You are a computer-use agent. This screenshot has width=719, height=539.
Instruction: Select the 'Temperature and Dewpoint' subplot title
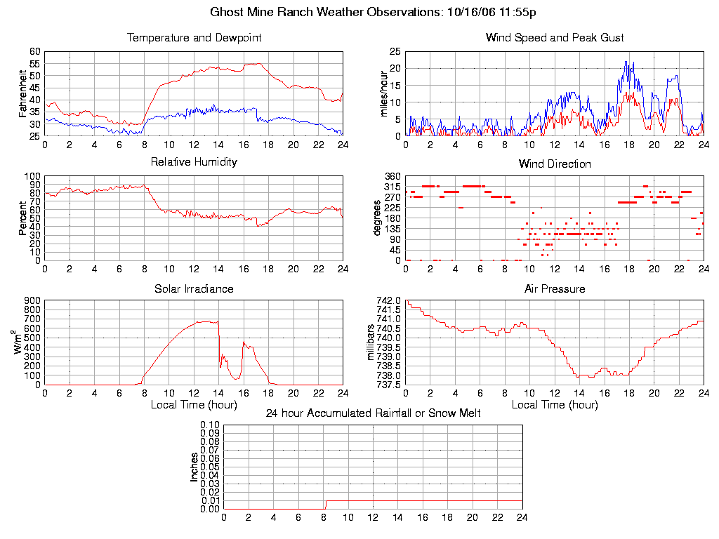click(x=194, y=38)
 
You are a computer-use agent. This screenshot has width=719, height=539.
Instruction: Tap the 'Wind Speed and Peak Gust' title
click(x=555, y=38)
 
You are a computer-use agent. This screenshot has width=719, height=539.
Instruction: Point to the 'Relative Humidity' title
click(x=194, y=162)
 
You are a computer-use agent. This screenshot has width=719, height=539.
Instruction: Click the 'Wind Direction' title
click(x=555, y=164)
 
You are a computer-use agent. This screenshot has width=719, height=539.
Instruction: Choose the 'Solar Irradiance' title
click(x=194, y=288)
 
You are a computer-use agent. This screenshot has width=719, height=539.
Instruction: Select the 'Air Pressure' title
click(x=555, y=288)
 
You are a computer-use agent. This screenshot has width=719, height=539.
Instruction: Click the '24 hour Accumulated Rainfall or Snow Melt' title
click(x=373, y=413)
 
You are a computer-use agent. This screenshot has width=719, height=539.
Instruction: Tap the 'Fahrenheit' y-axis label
click(x=23, y=93)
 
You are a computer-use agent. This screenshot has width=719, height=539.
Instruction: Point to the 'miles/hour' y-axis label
click(x=384, y=93)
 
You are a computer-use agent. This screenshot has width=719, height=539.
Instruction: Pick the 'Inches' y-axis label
click(x=194, y=467)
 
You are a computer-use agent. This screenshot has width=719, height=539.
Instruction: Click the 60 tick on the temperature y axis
click(x=35, y=51)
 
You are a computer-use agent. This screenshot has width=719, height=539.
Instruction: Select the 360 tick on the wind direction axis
click(x=392, y=176)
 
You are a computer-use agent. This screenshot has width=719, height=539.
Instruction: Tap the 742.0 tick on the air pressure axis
click(x=388, y=300)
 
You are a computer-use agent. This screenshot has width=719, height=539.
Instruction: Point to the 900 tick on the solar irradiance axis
click(x=33, y=300)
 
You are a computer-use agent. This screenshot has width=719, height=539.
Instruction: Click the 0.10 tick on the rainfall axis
click(x=210, y=425)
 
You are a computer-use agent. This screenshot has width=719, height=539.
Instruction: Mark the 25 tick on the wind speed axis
click(x=395, y=51)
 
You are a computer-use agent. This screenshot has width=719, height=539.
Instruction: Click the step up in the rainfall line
click(x=325, y=504)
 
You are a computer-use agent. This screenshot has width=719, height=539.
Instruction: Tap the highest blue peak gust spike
click(x=626, y=62)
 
